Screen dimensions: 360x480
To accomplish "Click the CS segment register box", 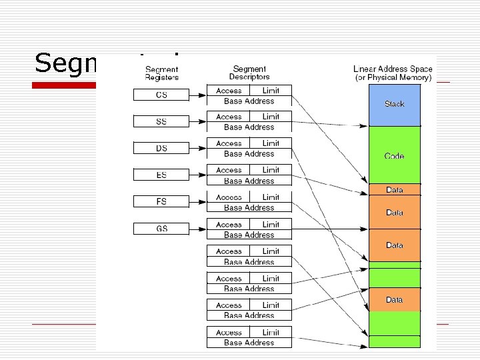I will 161,95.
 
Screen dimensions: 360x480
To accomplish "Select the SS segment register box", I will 161,122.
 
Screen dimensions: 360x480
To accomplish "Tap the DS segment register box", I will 161,149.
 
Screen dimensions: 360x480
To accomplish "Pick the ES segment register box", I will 161,175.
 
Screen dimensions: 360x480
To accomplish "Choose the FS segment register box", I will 161,201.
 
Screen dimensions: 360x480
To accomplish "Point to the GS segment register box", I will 161,229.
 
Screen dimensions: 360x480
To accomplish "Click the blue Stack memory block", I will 394,105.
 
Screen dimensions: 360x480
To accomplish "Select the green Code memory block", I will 394,155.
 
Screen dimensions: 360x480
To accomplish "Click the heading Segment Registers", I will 161,73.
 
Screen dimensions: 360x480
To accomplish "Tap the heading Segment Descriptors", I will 249,73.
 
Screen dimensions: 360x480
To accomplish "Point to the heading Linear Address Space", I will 393,69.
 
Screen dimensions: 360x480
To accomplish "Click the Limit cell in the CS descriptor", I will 271,90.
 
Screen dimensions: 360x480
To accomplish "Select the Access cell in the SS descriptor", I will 229,117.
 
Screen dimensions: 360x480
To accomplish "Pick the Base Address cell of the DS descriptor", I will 249,154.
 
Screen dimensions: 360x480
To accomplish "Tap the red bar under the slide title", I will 65,85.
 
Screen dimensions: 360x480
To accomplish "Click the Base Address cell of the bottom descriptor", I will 249,343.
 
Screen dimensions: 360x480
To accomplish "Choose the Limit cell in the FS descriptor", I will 271,197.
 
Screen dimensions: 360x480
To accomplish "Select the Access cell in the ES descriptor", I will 229,171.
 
